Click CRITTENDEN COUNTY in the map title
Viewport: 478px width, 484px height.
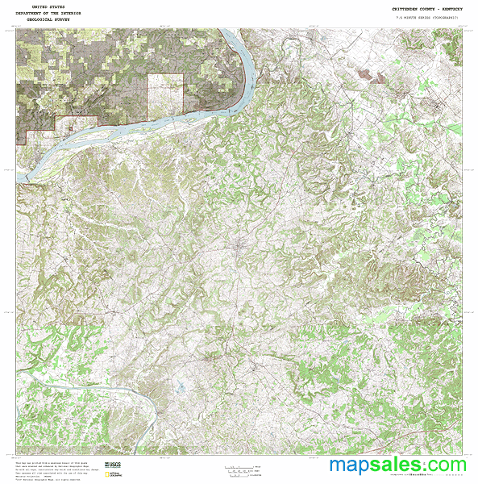[411, 8]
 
